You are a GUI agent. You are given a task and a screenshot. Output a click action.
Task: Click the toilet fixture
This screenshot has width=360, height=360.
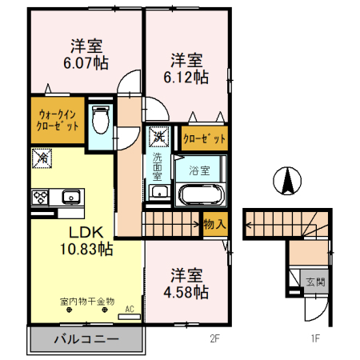(101, 119)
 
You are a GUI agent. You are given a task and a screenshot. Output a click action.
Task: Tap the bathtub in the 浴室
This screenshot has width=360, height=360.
(202, 194)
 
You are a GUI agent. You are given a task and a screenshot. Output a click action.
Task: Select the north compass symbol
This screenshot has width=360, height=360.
(287, 181)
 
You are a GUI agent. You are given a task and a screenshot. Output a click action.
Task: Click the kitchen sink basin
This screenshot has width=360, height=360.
(71, 197)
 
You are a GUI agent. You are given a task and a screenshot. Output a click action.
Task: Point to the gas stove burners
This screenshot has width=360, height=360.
(40, 198)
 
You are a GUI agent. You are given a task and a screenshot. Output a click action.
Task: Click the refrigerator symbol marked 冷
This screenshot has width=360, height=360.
(42, 158)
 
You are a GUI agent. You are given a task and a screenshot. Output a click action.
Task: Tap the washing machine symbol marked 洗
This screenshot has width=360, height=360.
(159, 137)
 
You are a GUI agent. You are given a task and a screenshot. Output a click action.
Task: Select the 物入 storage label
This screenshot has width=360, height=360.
(215, 224)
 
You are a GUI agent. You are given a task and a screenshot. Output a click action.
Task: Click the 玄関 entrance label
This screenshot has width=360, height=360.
(316, 282)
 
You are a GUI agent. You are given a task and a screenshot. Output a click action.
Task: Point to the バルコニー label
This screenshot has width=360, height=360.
(86, 339)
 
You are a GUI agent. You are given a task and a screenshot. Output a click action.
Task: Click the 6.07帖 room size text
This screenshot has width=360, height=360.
(86, 63)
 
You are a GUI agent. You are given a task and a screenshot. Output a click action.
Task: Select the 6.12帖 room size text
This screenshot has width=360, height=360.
(186, 78)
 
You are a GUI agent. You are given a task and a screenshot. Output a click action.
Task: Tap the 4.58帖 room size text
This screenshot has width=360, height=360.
(186, 292)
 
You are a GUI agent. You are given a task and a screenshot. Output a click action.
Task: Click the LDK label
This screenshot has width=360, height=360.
(86, 233)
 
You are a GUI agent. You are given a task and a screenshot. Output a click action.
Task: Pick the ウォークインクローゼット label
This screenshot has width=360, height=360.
(58, 121)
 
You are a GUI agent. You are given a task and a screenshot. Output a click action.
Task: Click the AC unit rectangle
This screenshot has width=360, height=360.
(130, 317)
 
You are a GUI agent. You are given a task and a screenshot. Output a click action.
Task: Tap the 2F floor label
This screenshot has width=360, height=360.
(214, 338)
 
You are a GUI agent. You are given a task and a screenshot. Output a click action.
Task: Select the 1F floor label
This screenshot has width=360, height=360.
(315, 338)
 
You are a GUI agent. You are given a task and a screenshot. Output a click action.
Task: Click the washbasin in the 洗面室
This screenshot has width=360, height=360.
(159, 192)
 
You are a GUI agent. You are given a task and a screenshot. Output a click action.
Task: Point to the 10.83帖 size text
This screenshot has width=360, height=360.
(86, 249)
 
